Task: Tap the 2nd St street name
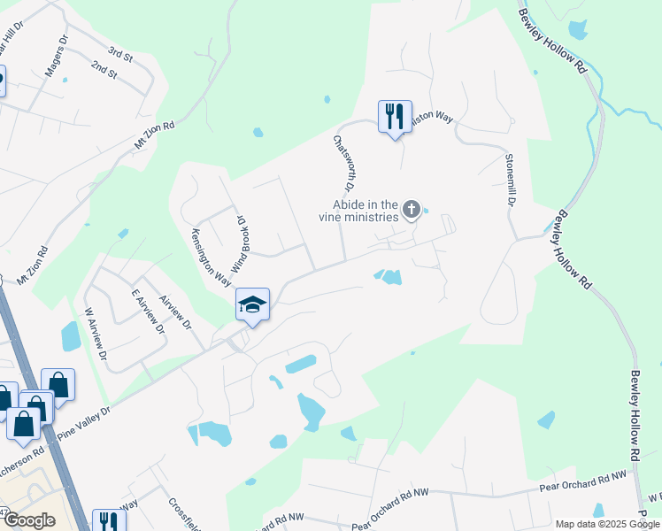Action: tap(104, 70)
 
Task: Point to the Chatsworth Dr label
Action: tap(343, 163)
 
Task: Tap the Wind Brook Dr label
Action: tap(238, 242)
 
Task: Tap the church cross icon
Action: tap(411, 210)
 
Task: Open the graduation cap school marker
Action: tap(252, 306)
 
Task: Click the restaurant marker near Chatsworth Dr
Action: tap(395, 116)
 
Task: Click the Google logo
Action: tap(28, 520)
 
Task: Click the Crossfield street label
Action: tap(182, 512)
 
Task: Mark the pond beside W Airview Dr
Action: tap(71, 337)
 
